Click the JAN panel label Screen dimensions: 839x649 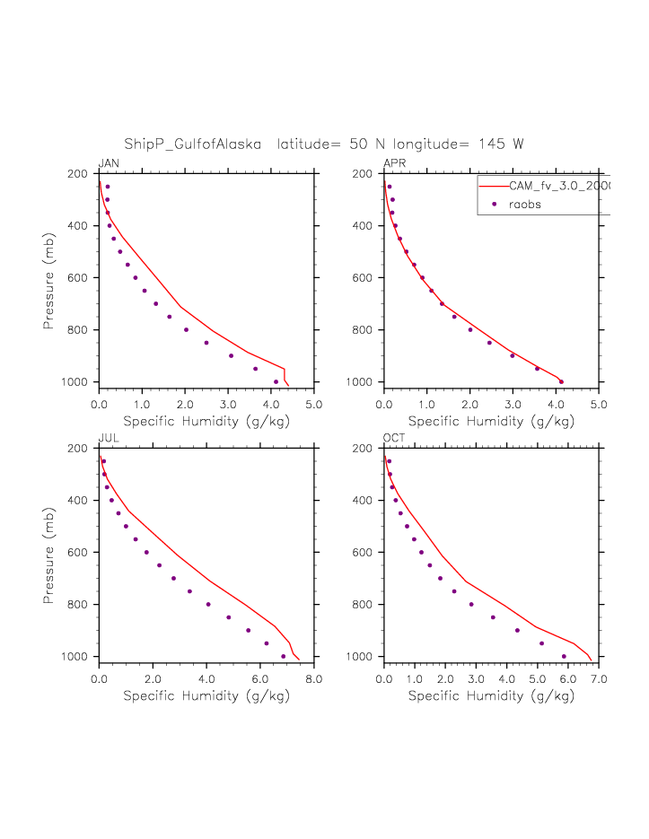109,162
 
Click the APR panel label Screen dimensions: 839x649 394,162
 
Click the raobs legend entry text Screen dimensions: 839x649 525,205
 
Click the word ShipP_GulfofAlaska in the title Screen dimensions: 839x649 193,144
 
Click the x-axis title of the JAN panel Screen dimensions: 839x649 206,420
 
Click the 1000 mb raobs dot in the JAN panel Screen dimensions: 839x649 276,381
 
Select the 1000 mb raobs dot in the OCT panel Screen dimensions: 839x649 564,656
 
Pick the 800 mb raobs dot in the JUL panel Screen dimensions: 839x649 208,604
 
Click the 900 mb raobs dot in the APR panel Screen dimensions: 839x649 513,355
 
